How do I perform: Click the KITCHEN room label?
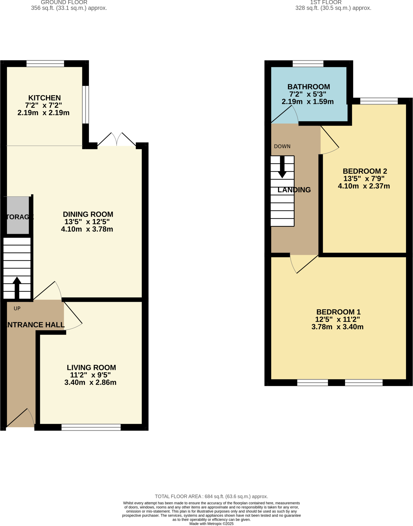click(x=44, y=98)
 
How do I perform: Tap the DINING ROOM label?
click(x=88, y=214)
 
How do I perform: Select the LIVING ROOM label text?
click(x=91, y=368)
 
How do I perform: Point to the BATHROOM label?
click(x=309, y=87)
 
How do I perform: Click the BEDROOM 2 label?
click(x=365, y=171)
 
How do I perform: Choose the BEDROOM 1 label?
click(x=338, y=312)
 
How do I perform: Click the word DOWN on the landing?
click(x=282, y=146)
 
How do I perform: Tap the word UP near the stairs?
click(x=17, y=308)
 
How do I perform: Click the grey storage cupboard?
click(x=17, y=215)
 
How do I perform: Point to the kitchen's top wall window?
click(x=45, y=63)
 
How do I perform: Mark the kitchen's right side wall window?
click(x=85, y=105)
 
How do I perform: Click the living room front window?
click(x=91, y=427)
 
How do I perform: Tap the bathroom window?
click(x=308, y=63)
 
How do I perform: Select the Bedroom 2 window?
click(x=379, y=101)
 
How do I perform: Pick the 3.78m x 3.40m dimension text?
click(x=337, y=327)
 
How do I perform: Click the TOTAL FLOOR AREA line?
click(x=211, y=496)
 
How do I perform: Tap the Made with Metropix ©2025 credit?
click(x=211, y=524)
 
